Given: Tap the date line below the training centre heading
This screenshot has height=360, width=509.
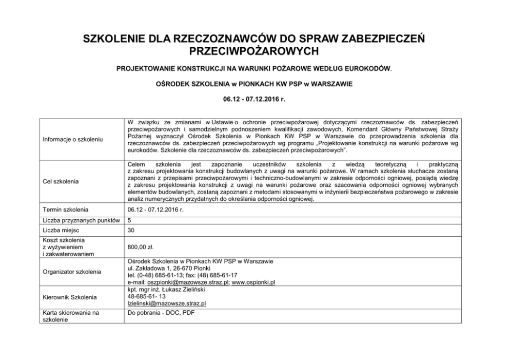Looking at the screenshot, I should click(x=254, y=97).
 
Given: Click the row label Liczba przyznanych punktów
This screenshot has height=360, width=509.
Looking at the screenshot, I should click(x=81, y=220).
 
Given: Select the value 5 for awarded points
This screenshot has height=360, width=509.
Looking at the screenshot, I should click(x=129, y=220).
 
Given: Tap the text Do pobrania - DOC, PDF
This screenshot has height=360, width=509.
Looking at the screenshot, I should click(x=161, y=312).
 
